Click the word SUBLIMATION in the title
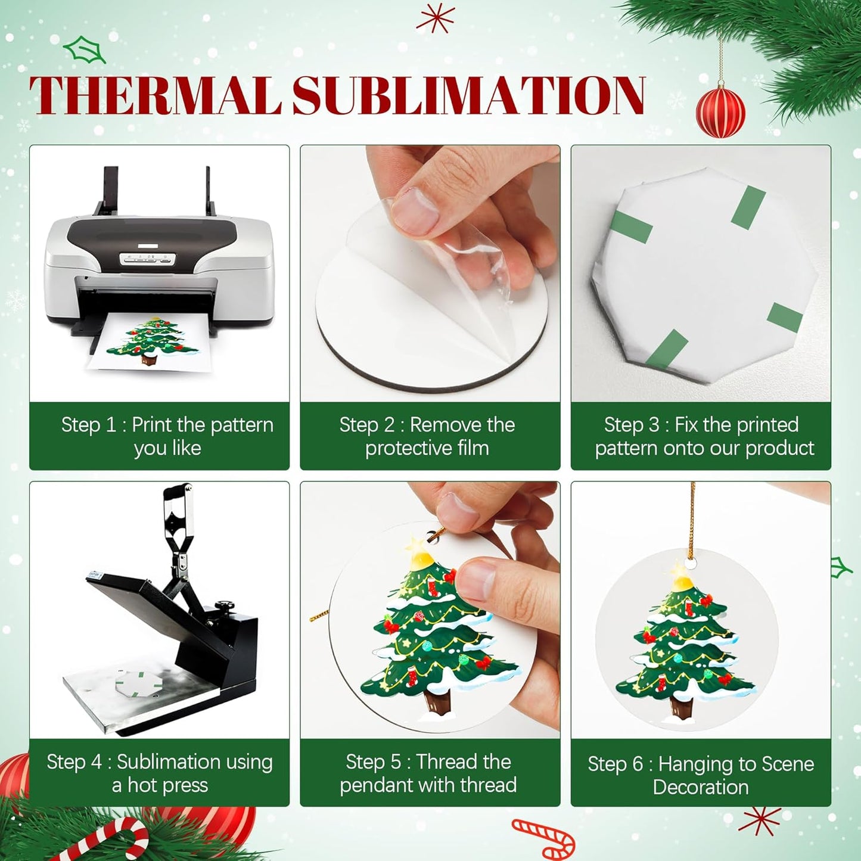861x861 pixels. (x=468, y=95)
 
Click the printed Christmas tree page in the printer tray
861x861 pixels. (x=151, y=342)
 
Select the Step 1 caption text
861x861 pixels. (x=167, y=436)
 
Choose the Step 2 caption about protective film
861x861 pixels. (x=427, y=436)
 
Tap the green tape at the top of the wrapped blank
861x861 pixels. (x=748, y=207)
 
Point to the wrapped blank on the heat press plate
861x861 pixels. (x=138, y=684)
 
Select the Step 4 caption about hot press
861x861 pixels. (x=160, y=773)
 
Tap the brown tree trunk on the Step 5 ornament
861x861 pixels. (x=439, y=704)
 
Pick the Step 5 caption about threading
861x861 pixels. (x=428, y=773)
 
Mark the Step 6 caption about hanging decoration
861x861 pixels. (x=701, y=775)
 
